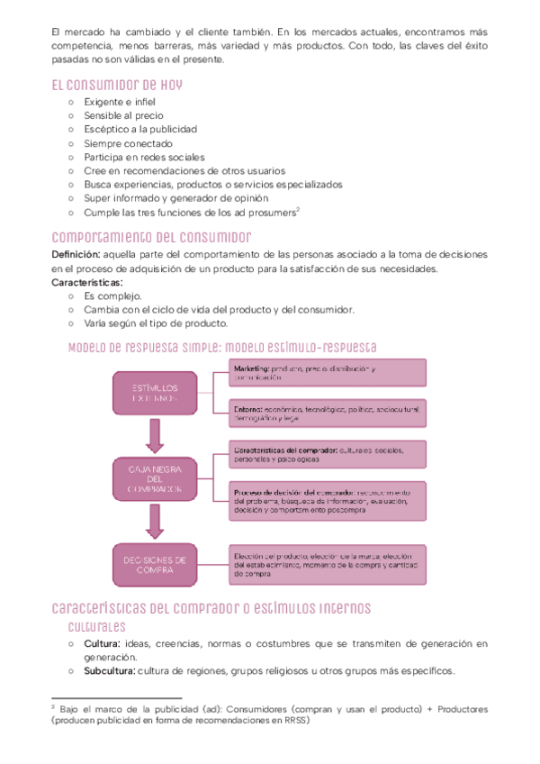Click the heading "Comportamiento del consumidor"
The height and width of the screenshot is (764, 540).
point(151,237)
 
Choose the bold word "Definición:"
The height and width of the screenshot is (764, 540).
point(82,255)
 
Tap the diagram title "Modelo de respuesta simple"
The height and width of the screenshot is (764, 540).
point(144,347)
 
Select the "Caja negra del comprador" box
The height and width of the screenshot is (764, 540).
point(155,477)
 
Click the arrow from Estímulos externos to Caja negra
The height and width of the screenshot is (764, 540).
point(155,436)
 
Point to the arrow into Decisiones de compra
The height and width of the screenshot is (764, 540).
point(155,523)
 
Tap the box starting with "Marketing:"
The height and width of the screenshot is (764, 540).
point(327,374)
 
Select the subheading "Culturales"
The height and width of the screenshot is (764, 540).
point(97,627)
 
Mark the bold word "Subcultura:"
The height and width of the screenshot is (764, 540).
point(110,671)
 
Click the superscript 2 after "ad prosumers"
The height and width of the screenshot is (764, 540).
point(297,210)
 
